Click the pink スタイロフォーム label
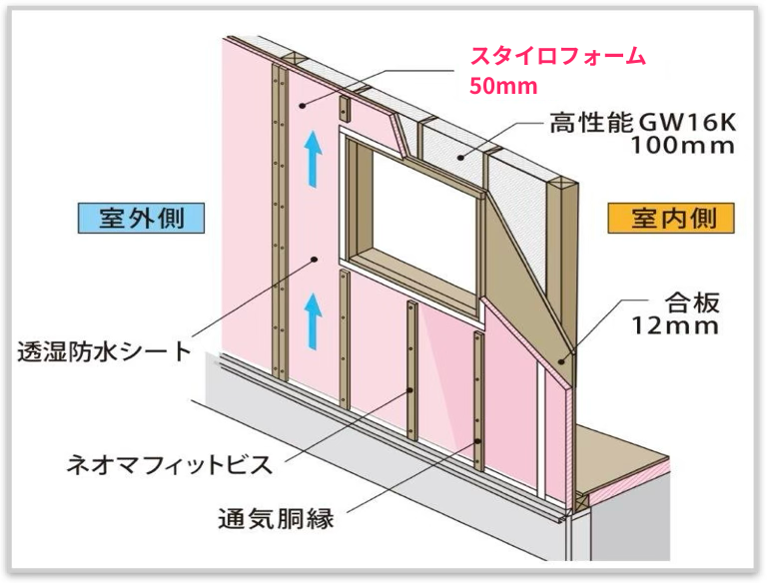click(x=558, y=56)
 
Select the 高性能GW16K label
click(x=642, y=124)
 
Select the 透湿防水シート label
click(x=104, y=351)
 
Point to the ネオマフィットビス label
click(x=170, y=464)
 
